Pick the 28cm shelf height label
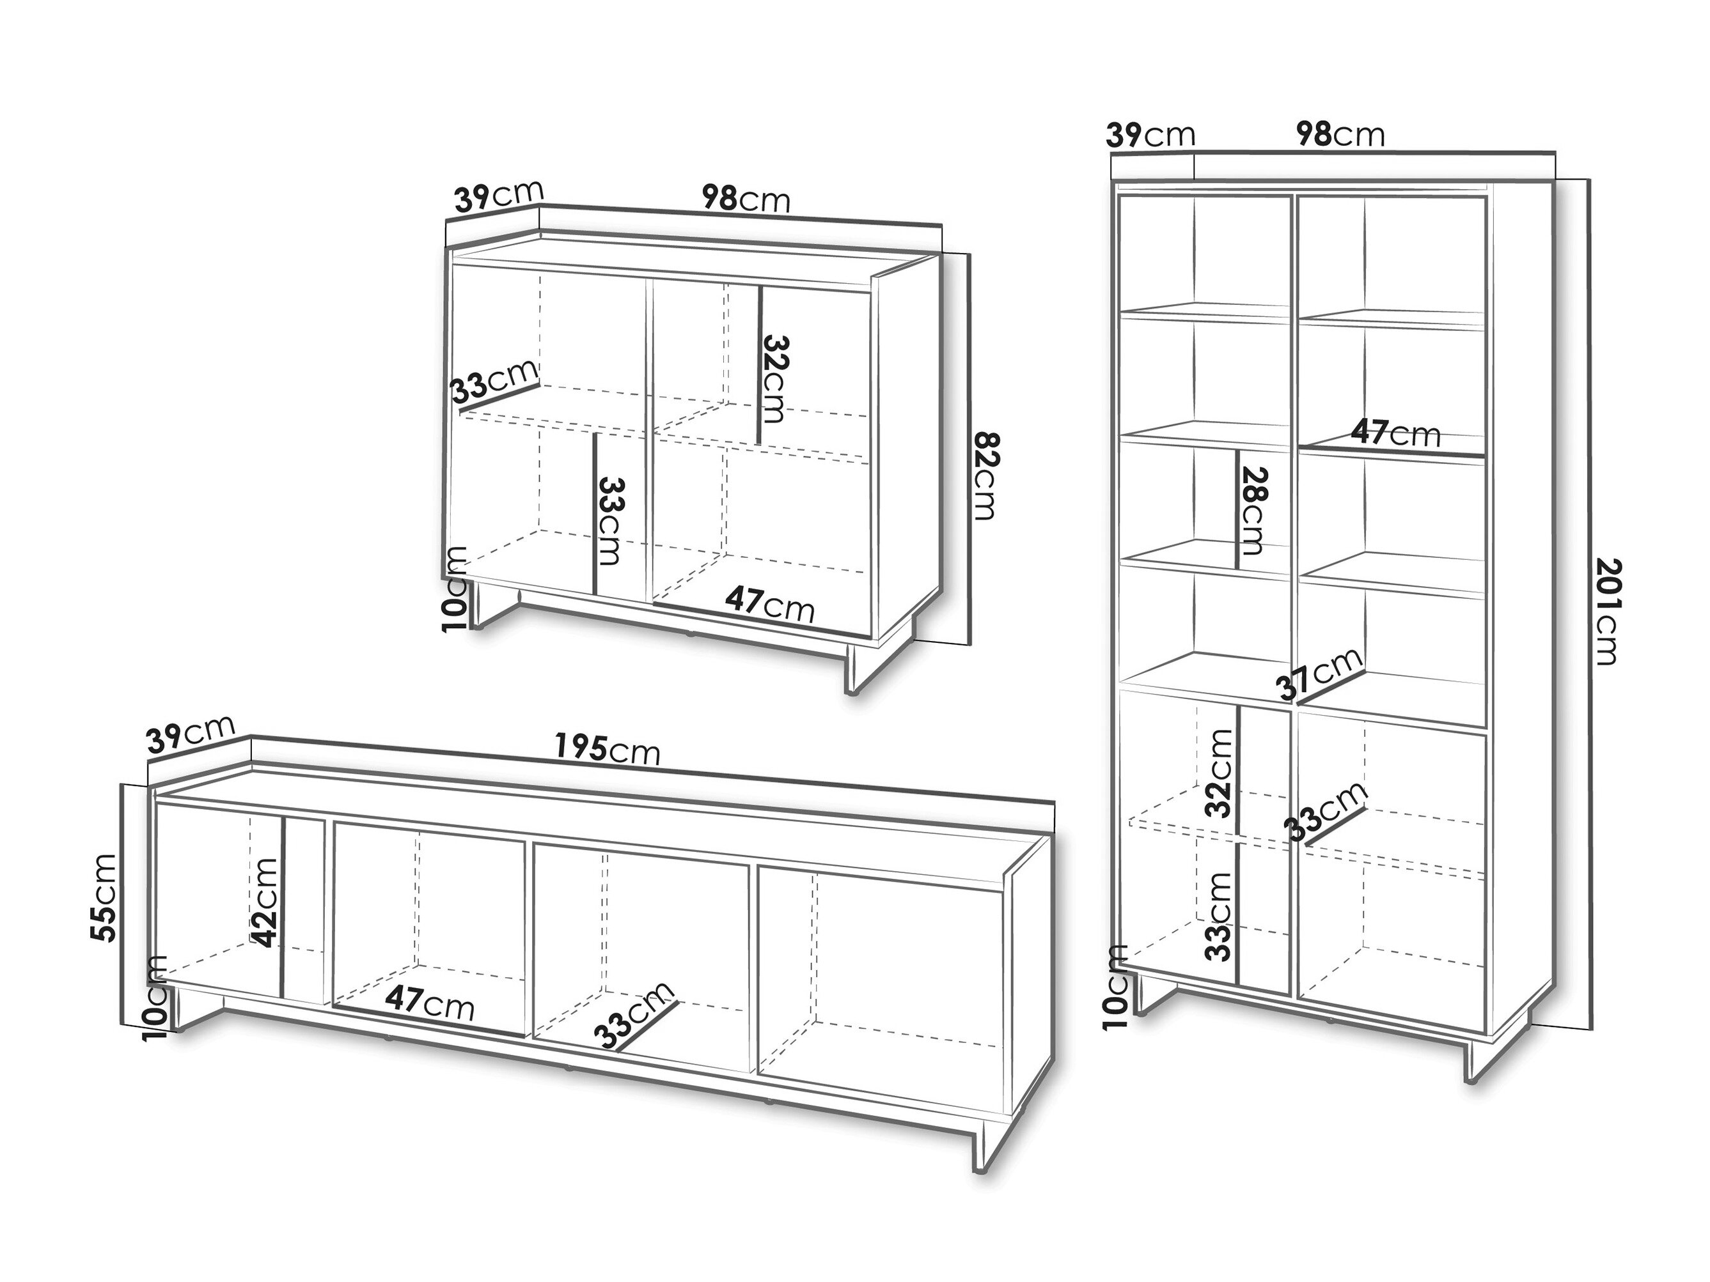[1251, 511]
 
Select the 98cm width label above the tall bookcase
[1340, 134]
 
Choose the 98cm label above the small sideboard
[746, 199]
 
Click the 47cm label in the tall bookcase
[1396, 433]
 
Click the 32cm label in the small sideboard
[774, 378]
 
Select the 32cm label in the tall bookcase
[1218, 773]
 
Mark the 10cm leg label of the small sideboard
[456, 589]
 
